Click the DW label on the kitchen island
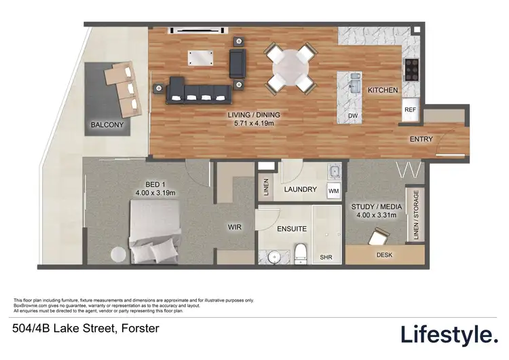point(352,115)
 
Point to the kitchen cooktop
point(411,68)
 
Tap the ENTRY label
point(421,139)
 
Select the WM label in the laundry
point(333,191)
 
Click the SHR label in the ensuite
point(324,257)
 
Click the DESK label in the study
point(383,255)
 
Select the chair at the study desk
point(377,236)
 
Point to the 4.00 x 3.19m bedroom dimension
point(155,193)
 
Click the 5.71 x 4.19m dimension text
point(253,124)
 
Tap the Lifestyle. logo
point(449,334)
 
